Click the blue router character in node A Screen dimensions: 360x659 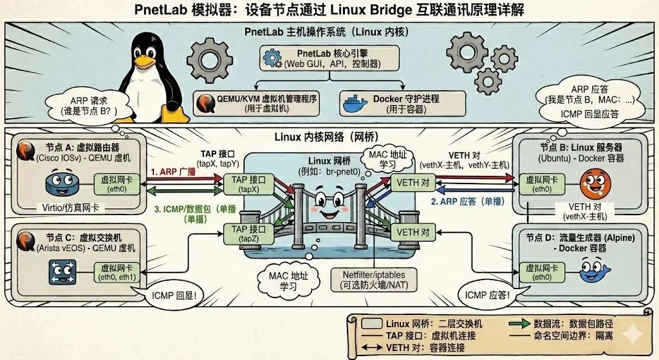pyautogui.click(x=61, y=184)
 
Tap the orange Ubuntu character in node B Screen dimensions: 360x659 pyautogui.click(x=591, y=182)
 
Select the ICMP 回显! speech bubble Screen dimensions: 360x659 pyautogui.click(x=168, y=297)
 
